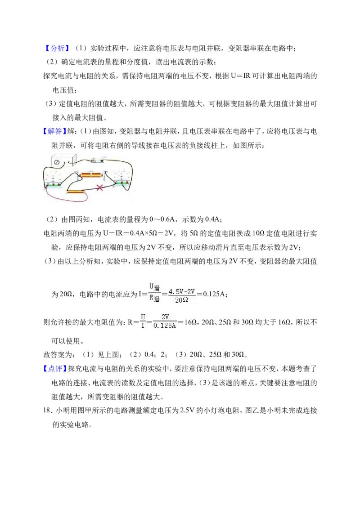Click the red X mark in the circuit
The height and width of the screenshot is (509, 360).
point(100,188)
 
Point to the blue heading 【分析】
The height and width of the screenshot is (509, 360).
point(57,49)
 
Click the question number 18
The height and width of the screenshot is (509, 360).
point(47,411)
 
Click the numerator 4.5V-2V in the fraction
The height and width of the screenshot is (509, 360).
point(182,291)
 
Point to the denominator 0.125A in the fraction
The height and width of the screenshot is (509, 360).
point(164,326)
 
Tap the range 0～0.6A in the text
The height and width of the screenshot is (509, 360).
point(162,219)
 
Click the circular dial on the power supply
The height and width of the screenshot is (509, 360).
point(57,162)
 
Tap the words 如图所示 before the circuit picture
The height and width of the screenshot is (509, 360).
point(247,146)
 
